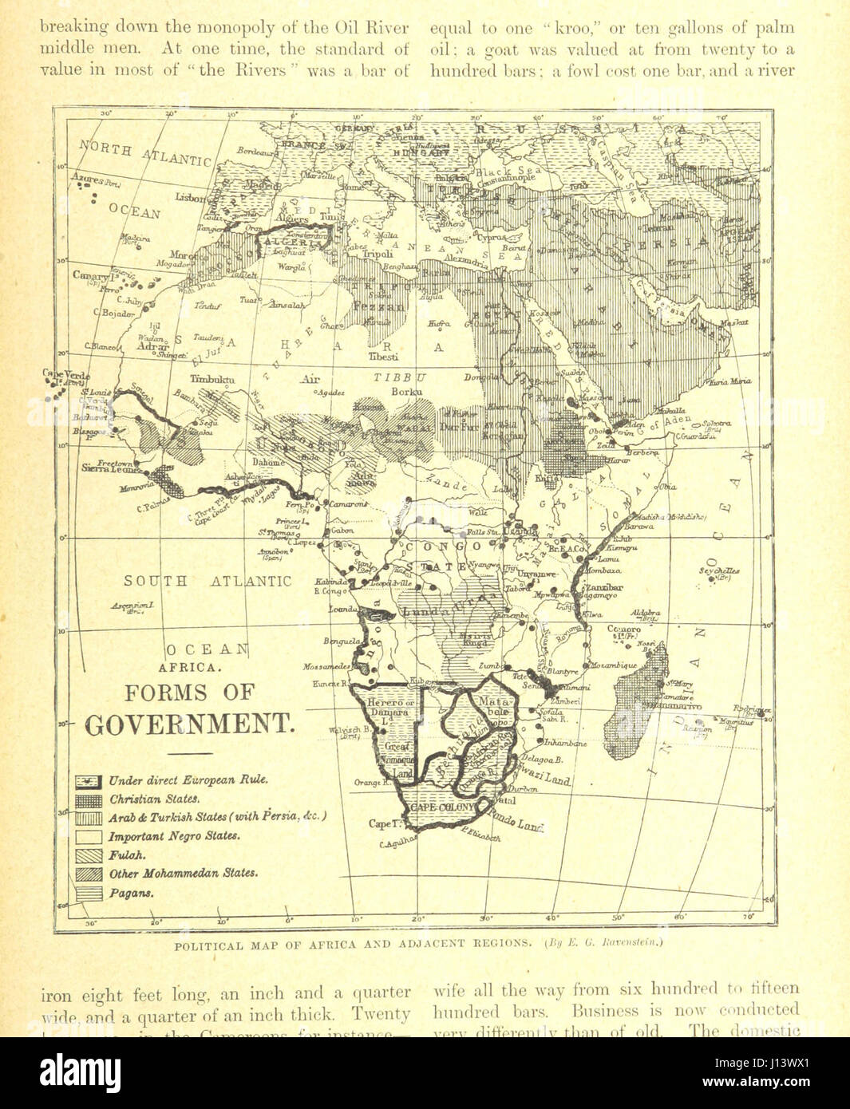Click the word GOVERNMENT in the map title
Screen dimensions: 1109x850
pos(189,724)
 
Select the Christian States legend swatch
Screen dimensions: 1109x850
pos(89,799)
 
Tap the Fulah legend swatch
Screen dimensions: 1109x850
pos(89,854)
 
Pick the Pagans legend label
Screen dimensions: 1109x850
pos(131,893)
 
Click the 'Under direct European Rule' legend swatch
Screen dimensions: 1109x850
pos(89,779)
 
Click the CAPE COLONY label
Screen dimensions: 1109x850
pos(441,807)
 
